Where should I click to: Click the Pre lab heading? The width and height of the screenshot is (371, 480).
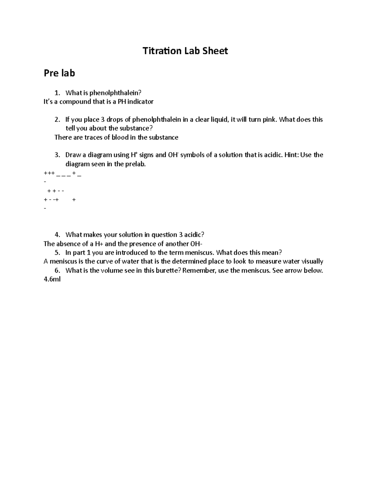coord(59,73)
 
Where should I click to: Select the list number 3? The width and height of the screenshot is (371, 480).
coord(57,155)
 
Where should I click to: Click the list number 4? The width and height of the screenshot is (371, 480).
coord(57,235)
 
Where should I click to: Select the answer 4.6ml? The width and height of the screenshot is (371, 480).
coord(52,280)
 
